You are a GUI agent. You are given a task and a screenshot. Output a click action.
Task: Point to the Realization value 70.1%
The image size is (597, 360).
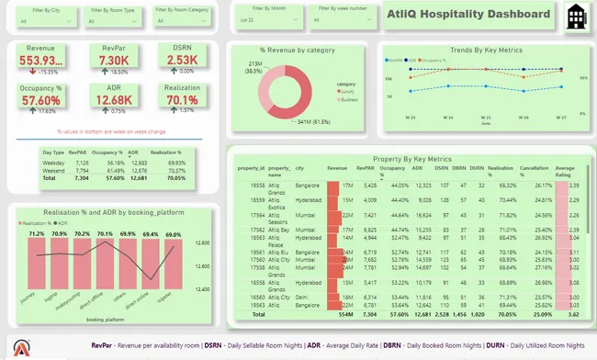(x=183, y=99)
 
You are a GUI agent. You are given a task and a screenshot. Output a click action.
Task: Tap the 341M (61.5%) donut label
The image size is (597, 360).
(x=321, y=119)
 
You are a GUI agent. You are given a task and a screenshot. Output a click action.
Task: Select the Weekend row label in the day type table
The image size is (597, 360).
(x=54, y=171)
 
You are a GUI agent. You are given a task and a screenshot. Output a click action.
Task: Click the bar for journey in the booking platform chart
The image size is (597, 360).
(x=37, y=265)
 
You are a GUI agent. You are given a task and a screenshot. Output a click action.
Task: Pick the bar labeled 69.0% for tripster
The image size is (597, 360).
(x=174, y=265)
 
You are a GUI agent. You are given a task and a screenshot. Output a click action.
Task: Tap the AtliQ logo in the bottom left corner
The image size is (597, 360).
(x=18, y=346)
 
